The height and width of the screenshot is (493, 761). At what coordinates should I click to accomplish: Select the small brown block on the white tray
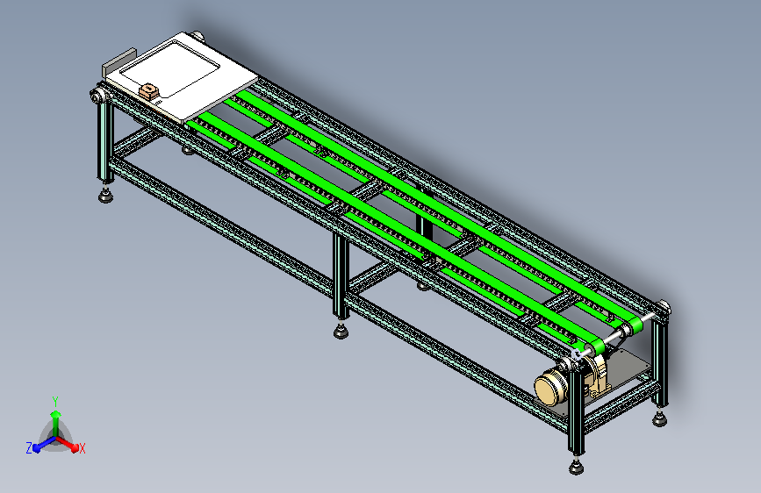(x=149, y=91)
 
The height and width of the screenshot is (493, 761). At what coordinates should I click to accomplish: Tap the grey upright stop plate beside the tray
(x=118, y=62)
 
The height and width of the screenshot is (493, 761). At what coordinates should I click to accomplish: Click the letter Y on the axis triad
(x=55, y=401)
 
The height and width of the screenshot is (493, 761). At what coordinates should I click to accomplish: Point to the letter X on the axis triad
(x=82, y=448)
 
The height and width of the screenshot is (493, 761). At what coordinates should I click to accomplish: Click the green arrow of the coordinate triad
(x=56, y=422)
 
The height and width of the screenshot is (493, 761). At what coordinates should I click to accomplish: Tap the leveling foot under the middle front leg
(x=341, y=332)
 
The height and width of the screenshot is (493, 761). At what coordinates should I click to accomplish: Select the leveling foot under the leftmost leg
(x=106, y=196)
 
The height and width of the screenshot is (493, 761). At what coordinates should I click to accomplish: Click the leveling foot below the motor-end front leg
(x=576, y=468)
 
